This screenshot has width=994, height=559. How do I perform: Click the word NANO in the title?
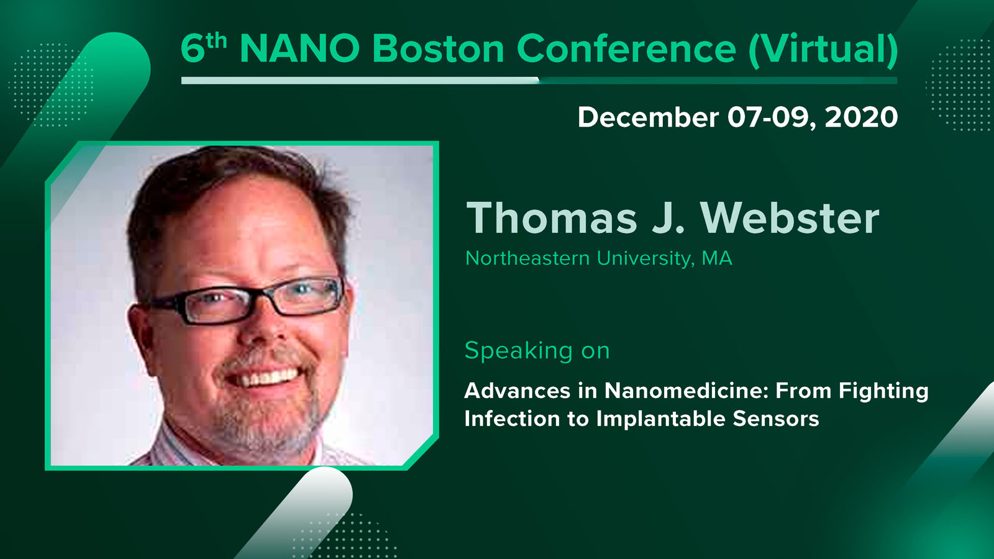pos(299,48)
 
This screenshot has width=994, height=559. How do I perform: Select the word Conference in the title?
pos(626,48)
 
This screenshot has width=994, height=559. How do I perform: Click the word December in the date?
pos(649,117)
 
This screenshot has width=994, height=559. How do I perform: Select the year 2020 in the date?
pos(861,117)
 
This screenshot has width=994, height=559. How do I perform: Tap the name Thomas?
pos(552,218)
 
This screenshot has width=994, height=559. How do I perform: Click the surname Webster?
pos(790,218)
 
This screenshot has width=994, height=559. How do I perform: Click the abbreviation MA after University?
pos(717,258)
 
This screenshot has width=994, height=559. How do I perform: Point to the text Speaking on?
pos(537,351)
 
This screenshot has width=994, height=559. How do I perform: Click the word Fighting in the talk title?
pos(883,392)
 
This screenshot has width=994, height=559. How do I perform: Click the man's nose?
pos(264,329)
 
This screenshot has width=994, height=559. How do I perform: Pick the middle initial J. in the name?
pos(668,218)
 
